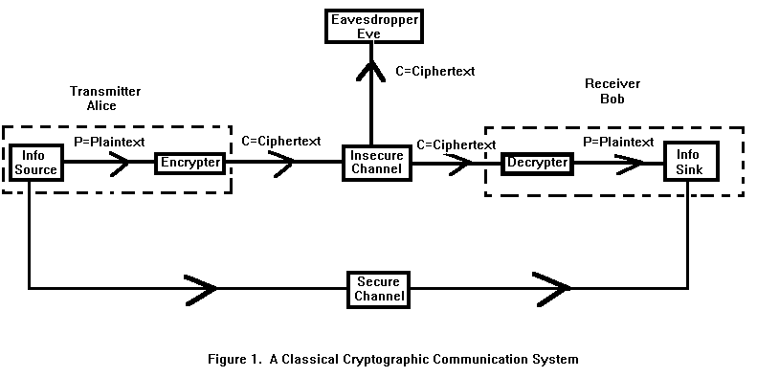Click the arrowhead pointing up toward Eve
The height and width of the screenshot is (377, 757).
[x=370, y=71]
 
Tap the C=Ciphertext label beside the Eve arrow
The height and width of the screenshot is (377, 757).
[x=435, y=72]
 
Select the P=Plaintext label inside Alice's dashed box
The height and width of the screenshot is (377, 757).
[x=109, y=143]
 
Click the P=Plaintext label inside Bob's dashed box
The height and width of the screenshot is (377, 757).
[x=618, y=142]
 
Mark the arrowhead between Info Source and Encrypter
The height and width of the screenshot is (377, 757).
[x=120, y=163]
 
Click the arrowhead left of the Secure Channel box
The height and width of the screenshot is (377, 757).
[x=200, y=290]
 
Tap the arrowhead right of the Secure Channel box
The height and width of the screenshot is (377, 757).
[x=553, y=289]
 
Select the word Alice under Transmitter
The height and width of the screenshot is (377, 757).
[x=101, y=105]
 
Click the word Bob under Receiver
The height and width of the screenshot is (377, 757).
[x=612, y=99]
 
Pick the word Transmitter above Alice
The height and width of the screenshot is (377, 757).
[x=105, y=91]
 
